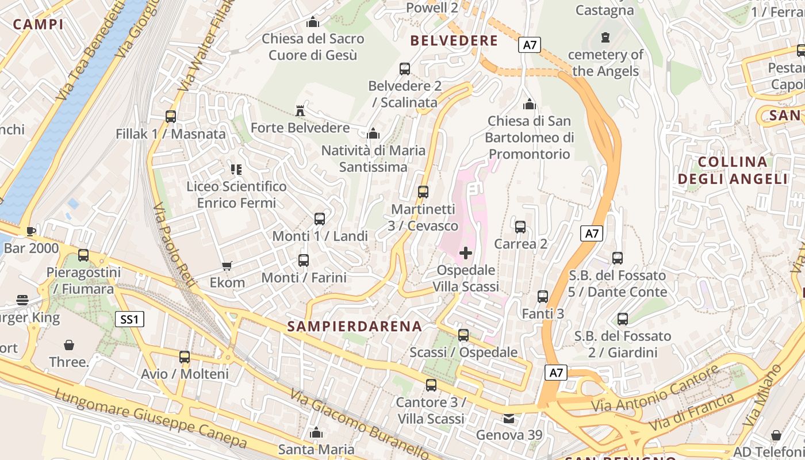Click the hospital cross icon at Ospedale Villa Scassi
tap(466, 252)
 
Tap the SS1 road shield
tap(130, 319)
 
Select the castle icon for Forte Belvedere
tap(300, 110)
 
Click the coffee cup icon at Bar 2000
tap(30, 231)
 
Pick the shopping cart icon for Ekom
tap(227, 266)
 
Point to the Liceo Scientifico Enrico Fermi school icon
tap(236, 169)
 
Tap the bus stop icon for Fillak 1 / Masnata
tap(170, 116)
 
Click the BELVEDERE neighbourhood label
tap(454, 41)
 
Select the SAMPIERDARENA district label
tap(355, 327)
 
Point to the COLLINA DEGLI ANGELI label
tap(733, 170)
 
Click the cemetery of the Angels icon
tap(605, 37)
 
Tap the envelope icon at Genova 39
tap(509, 418)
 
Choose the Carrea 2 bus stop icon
tap(520, 227)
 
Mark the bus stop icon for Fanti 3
tap(543, 297)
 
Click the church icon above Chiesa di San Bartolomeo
tap(529, 104)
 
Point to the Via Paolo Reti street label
tap(175, 247)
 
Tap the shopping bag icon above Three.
tap(69, 345)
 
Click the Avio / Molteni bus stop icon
tap(185, 356)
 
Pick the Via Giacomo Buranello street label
tap(359, 424)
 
